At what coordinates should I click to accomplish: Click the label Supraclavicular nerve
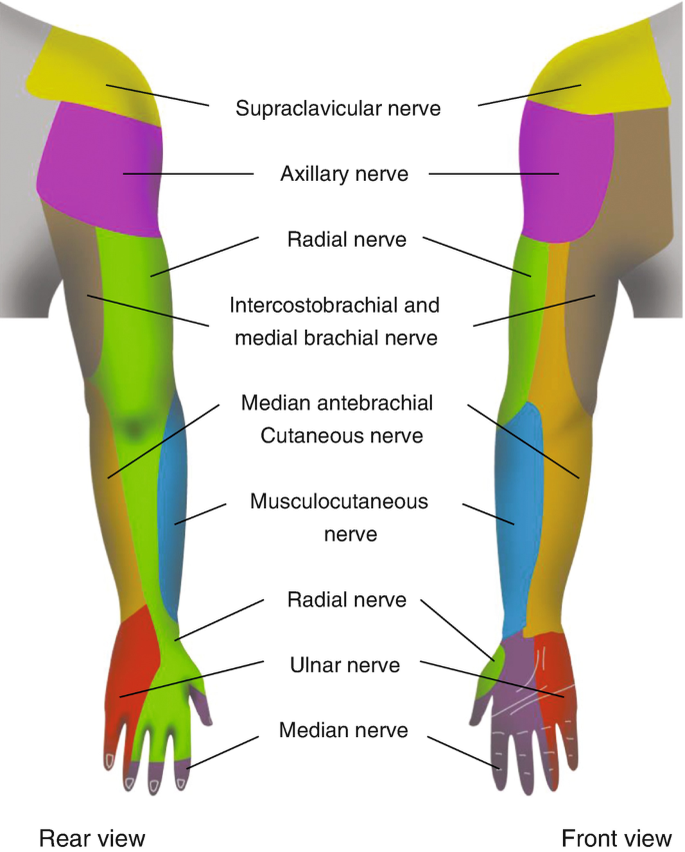click(338, 108)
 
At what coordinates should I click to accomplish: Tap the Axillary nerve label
click(344, 174)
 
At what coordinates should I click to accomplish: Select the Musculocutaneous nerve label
click(339, 517)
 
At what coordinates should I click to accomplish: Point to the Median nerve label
click(344, 730)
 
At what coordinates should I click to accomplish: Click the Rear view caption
click(92, 837)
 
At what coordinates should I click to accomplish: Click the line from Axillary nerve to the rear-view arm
click(190, 174)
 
